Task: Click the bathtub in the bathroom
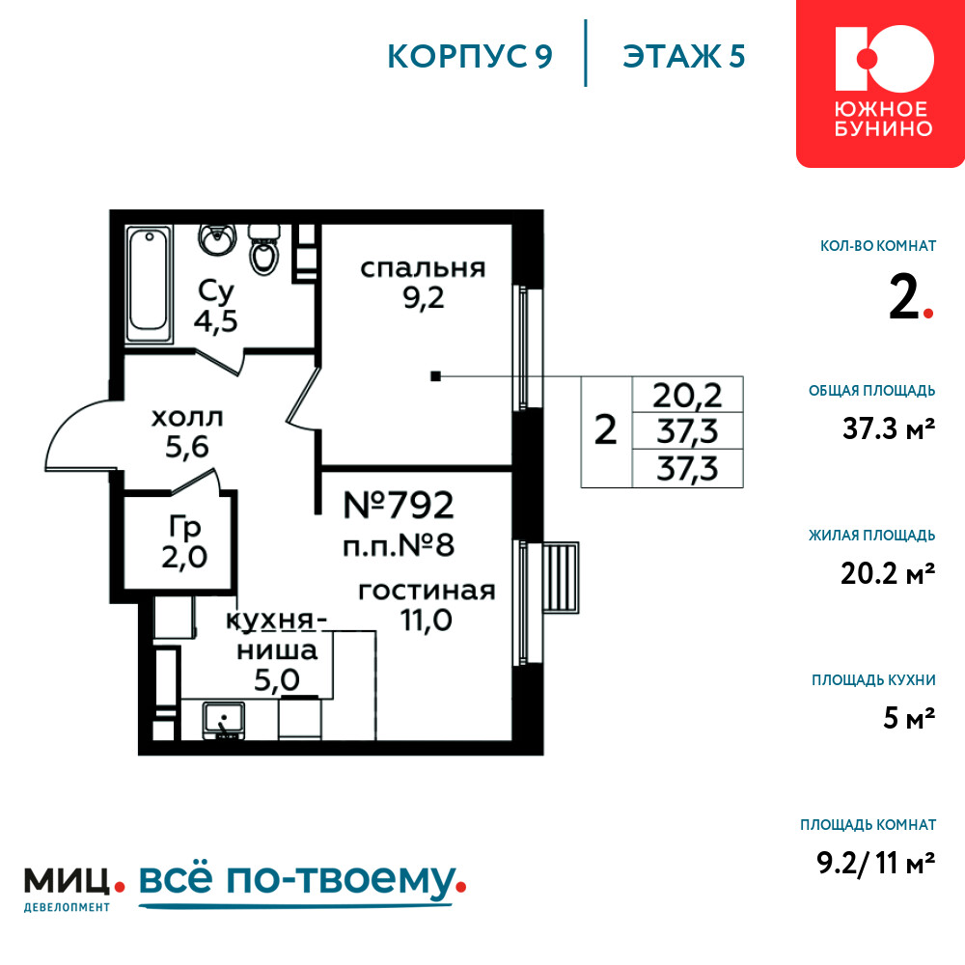[149, 285]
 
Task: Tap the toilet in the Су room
[264, 249]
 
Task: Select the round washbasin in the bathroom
[216, 238]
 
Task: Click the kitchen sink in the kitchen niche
[224, 721]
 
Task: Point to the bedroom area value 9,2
[424, 298]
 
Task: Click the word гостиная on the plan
[427, 591]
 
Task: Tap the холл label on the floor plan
[187, 418]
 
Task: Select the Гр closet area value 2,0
[184, 558]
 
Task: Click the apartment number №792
[399, 506]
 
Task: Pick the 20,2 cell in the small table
[687, 395]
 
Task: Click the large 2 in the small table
[606, 429]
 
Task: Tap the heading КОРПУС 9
[470, 57]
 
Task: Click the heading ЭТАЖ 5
[684, 57]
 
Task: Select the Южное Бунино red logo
[880, 84]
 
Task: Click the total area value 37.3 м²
[889, 428]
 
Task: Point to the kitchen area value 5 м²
[909, 718]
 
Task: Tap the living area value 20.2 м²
[888, 573]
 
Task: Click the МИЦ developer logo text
[68, 881]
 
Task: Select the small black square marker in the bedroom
[435, 376]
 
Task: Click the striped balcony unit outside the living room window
[561, 577]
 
